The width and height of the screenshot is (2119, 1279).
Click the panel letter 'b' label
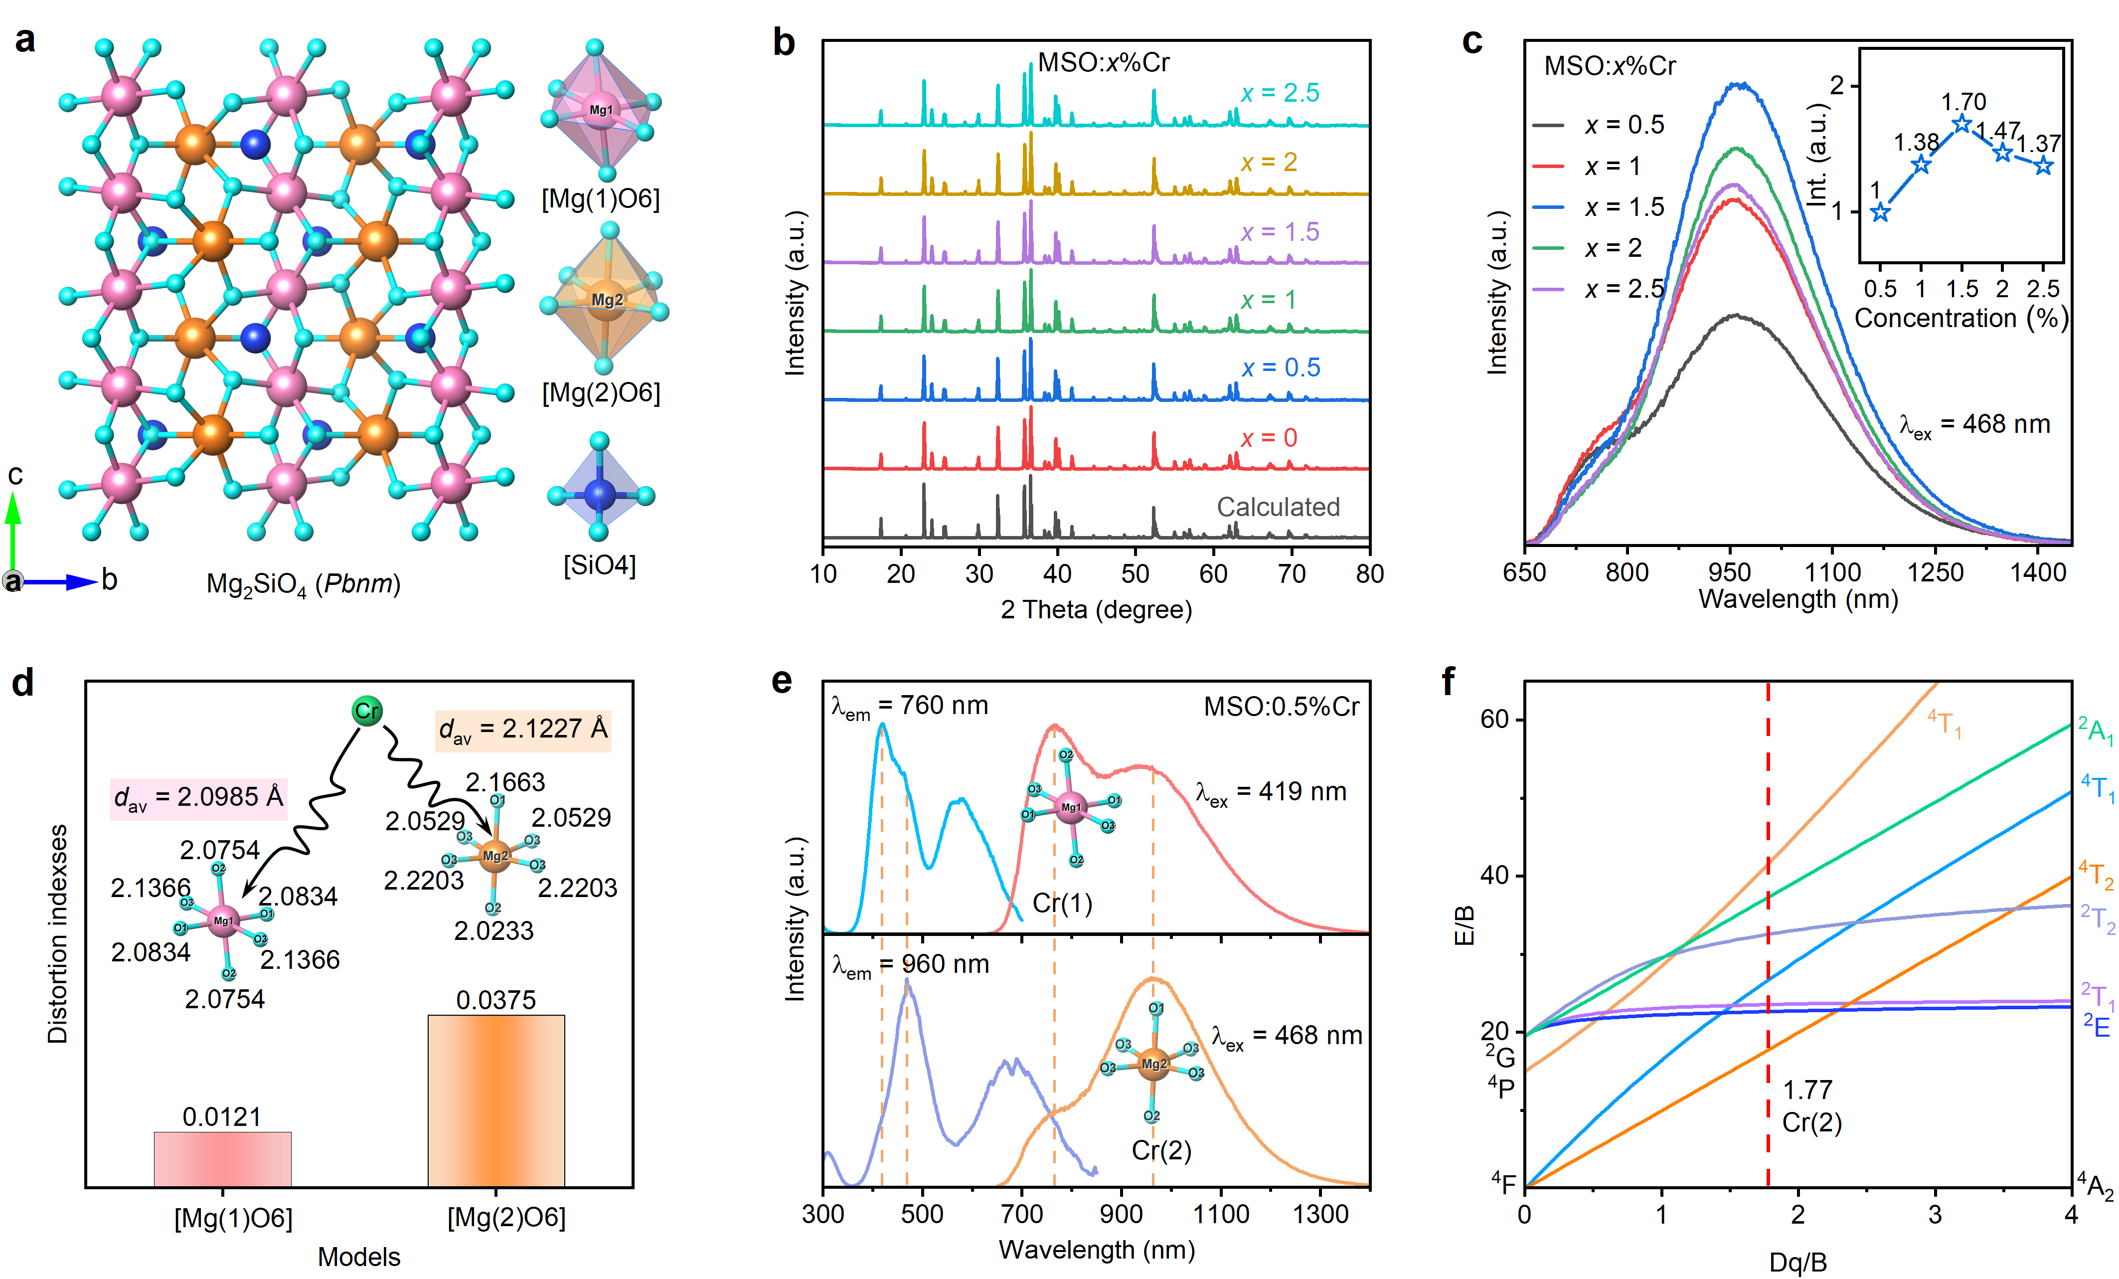pyautogui.click(x=784, y=43)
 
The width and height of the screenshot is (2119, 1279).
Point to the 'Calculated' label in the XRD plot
pyautogui.click(x=1278, y=508)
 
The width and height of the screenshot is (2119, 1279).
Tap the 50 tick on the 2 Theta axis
pyautogui.click(x=1135, y=574)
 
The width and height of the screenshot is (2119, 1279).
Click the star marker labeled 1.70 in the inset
pyautogui.click(x=1961, y=124)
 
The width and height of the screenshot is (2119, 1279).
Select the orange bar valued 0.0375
pyautogui.click(x=496, y=1101)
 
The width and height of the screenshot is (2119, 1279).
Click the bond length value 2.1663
pyautogui.click(x=505, y=782)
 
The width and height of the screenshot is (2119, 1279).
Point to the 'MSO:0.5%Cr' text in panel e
pyautogui.click(x=1282, y=707)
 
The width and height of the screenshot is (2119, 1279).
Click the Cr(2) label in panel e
pyautogui.click(x=1161, y=1151)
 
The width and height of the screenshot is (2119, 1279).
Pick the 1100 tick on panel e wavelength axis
pyautogui.click(x=1221, y=1214)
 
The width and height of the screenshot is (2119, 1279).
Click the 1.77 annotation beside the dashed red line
pyautogui.click(x=1807, y=1090)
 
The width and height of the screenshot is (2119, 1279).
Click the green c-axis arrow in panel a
pyautogui.click(x=13, y=529)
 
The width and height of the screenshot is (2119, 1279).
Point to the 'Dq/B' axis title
pyautogui.click(x=1797, y=1262)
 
